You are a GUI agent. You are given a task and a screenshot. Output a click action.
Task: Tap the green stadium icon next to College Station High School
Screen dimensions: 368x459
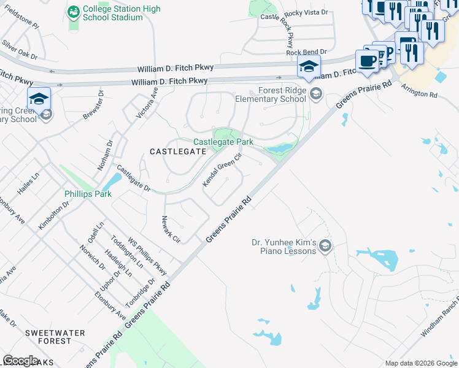(x=74, y=12)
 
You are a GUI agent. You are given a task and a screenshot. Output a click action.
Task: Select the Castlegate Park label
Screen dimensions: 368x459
(x=223, y=142)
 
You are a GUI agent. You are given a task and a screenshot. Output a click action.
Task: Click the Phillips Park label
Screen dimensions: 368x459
(x=88, y=194)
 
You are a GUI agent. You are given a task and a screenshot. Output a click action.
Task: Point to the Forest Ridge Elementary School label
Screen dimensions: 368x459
(x=273, y=94)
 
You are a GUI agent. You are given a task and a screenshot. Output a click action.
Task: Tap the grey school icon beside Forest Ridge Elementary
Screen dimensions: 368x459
(x=316, y=93)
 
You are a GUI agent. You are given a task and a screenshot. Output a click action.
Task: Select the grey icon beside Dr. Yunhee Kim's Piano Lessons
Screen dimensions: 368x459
(x=325, y=247)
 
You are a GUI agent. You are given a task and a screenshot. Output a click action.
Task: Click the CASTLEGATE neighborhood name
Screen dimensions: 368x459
(x=177, y=151)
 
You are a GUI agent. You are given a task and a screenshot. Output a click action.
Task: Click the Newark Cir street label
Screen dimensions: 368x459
(x=170, y=229)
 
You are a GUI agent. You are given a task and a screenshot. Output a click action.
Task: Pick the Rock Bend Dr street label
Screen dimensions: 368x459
(x=307, y=53)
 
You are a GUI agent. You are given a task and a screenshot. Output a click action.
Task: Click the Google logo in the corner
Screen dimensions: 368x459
(x=20, y=361)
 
